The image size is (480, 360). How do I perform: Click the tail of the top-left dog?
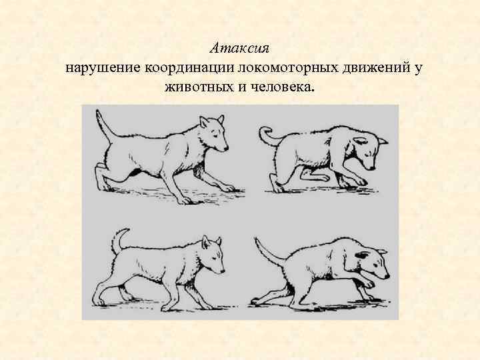(104, 126)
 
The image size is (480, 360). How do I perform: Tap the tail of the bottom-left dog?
(117, 241)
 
